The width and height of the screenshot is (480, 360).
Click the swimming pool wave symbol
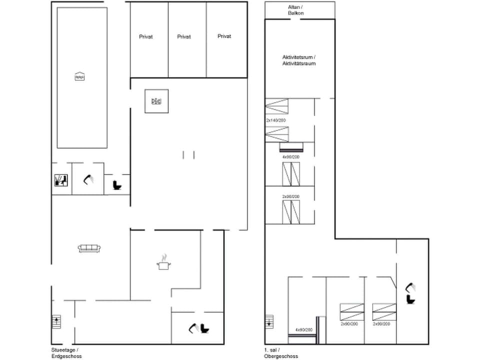[79, 76]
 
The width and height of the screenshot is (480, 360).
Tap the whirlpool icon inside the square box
[156, 101]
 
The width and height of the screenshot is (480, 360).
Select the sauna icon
[59, 179]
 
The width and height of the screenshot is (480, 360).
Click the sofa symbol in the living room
[90, 247]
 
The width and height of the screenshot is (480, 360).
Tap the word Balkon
[295, 13]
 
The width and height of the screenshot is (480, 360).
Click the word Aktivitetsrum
[298, 57]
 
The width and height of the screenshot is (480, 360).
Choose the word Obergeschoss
[281, 356]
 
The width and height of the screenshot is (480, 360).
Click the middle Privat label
[184, 36]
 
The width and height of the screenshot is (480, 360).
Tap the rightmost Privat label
[224, 36]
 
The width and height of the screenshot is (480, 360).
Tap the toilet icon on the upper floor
[411, 299]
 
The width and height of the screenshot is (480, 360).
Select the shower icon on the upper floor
[411, 286]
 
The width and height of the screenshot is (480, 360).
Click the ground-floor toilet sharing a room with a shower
[205, 328]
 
